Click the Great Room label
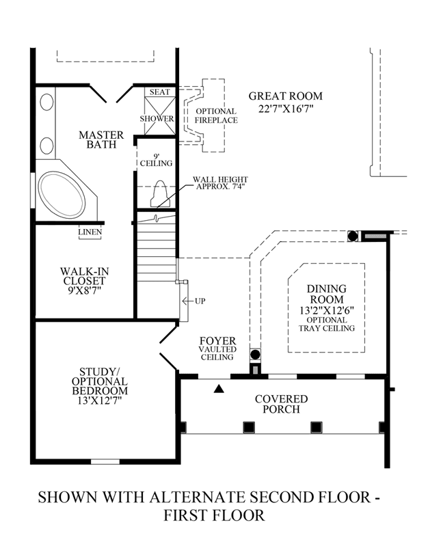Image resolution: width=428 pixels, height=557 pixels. pos(286,96)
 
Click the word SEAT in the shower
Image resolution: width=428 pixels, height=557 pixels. pos(159,92)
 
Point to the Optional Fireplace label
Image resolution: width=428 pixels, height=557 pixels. pos(217,116)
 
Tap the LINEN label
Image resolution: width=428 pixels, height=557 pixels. pos(90,232)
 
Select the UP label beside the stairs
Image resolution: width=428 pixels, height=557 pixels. pos(200,301)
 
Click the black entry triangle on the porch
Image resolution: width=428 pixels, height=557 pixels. pos(219,389)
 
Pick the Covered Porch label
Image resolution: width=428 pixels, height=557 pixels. pos(282,404)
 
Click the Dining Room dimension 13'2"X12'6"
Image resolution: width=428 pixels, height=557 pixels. pos(327,310)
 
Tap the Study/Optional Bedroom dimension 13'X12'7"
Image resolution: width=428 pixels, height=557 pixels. pos(100,400)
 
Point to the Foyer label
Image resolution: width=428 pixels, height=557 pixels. pos(217,341)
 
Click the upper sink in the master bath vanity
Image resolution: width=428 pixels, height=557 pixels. pos(47,103)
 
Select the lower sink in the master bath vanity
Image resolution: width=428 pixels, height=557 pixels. pos(47,146)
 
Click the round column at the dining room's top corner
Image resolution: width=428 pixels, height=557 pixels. pos(352,236)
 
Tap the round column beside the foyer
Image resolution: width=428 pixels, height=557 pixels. pos(255,355)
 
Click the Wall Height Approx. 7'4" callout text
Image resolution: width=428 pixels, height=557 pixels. pos(220,183)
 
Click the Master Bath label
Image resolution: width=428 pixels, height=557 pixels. pos(101,139)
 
